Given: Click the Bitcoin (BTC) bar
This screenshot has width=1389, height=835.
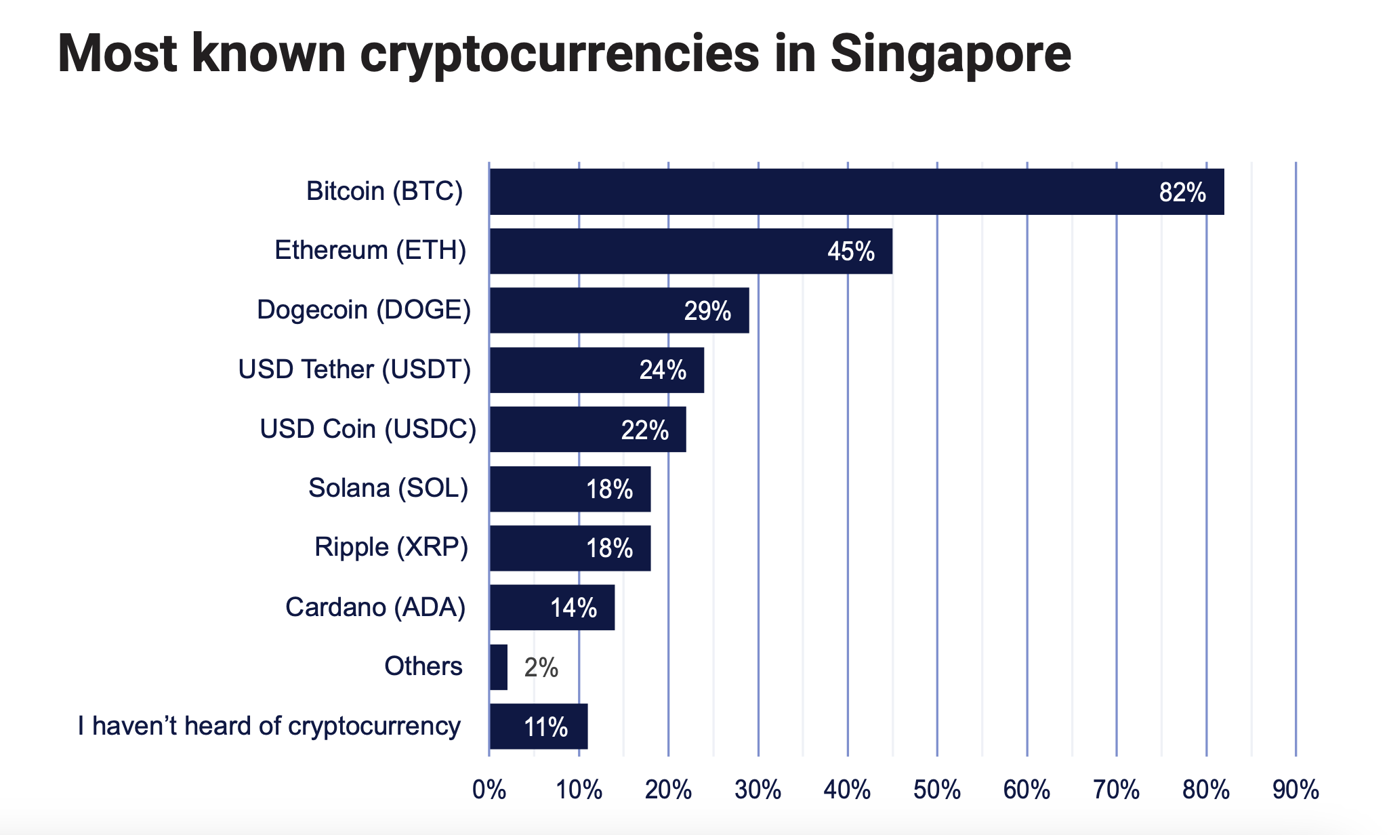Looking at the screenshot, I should click(x=856, y=192).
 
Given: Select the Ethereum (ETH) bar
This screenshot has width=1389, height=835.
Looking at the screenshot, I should click(x=690, y=251).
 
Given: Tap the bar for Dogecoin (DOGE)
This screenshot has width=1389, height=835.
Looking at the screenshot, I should click(x=619, y=310).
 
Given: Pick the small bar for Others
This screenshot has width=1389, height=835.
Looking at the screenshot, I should click(x=499, y=667).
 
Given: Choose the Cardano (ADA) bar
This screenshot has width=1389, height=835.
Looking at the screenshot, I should click(x=552, y=607).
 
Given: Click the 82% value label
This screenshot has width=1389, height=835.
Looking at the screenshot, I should click(x=1182, y=193).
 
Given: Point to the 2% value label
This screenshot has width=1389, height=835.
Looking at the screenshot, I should click(x=541, y=668).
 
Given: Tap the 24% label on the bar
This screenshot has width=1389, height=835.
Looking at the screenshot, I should click(x=663, y=371).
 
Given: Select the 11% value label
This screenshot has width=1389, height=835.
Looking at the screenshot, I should click(x=545, y=727).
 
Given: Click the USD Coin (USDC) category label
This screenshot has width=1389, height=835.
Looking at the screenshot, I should click(x=368, y=429).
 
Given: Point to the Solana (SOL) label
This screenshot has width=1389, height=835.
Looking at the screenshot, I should click(x=388, y=488).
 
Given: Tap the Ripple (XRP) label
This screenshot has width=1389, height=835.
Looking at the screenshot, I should click(x=391, y=547).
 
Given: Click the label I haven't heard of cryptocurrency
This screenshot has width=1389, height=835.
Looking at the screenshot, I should click(x=269, y=726).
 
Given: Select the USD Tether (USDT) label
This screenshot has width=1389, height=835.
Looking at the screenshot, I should click(x=354, y=370).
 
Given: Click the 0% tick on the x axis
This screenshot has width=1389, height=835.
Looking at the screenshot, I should click(x=489, y=790).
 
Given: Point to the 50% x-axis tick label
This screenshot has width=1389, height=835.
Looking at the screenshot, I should click(x=937, y=790).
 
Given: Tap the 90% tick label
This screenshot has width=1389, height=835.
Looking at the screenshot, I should click(x=1295, y=790).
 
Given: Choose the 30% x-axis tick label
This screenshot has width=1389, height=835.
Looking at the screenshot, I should click(x=758, y=790).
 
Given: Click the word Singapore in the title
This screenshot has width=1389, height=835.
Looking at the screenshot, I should click(x=951, y=54).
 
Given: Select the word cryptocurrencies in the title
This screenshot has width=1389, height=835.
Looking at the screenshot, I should click(x=560, y=54).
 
